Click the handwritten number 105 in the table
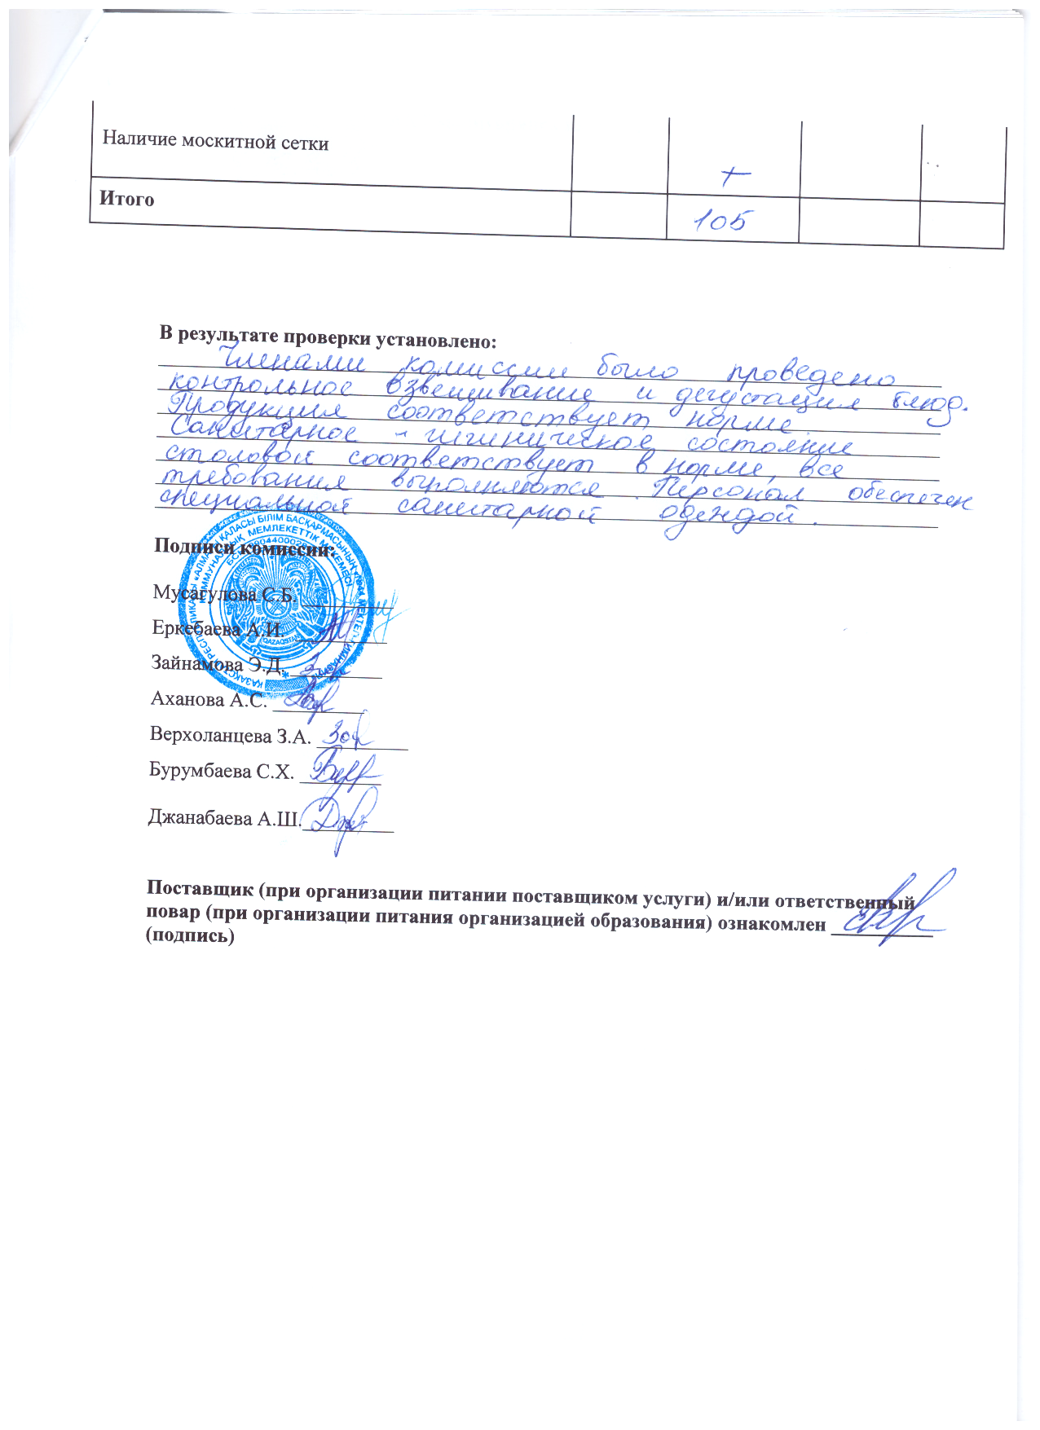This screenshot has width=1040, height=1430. (721, 222)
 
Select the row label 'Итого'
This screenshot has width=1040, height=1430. (127, 199)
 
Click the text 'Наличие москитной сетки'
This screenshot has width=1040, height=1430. (215, 142)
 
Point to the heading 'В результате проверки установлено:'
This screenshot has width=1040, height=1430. (328, 337)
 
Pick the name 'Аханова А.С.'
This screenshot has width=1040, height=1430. (209, 699)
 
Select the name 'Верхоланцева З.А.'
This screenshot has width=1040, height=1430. (231, 736)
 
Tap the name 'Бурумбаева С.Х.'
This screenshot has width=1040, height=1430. (222, 771)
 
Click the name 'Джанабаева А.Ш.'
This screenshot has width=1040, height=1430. (224, 818)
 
